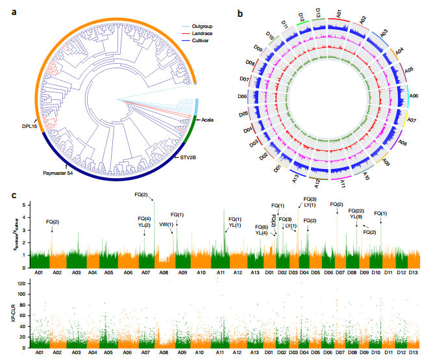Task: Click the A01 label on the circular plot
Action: [x=338, y=14]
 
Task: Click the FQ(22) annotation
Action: [x=356, y=211]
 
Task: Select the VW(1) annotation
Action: [x=166, y=224]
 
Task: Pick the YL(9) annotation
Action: [x=356, y=216]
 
